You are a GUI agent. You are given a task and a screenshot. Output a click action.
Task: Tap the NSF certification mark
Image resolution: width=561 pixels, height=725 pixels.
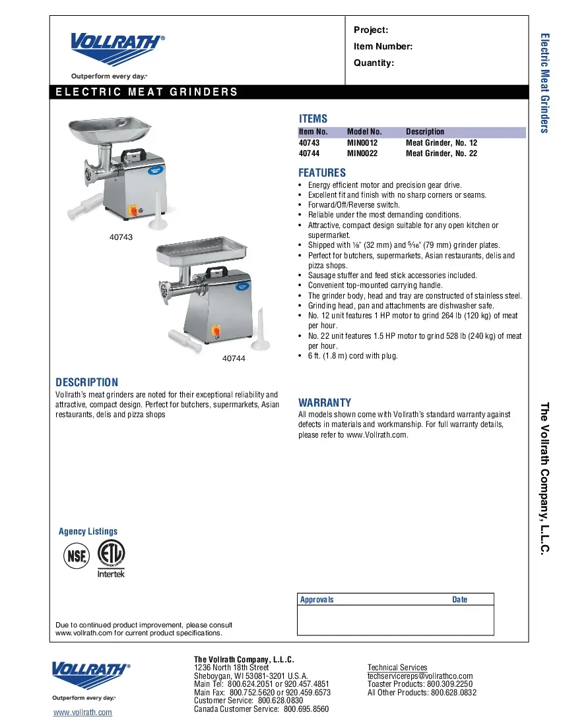76,556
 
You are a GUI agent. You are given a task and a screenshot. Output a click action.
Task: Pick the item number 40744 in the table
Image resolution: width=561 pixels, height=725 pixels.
309,154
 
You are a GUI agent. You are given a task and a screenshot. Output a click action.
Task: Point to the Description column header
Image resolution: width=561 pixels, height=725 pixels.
425,132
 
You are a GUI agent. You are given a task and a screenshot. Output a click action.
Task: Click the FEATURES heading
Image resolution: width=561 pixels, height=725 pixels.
322,173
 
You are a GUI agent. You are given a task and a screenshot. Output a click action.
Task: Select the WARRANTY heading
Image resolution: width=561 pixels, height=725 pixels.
325,403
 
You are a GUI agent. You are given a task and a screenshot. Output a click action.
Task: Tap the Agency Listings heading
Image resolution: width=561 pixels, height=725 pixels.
88,531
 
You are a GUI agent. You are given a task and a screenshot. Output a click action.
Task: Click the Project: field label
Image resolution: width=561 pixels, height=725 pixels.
371,30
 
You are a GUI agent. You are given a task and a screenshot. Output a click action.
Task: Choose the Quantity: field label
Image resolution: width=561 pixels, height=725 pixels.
374,63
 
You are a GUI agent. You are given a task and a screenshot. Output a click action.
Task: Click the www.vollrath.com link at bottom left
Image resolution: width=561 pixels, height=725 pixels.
82,712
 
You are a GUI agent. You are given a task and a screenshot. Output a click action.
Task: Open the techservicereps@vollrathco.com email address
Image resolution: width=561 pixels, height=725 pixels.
420,676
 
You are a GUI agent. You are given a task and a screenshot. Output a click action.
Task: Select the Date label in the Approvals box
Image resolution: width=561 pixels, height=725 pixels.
459,600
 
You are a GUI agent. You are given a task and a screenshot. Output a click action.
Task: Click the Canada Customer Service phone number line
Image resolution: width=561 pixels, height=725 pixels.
261,709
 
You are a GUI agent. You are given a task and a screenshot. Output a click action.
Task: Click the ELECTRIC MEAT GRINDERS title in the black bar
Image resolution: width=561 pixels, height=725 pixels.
147,92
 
